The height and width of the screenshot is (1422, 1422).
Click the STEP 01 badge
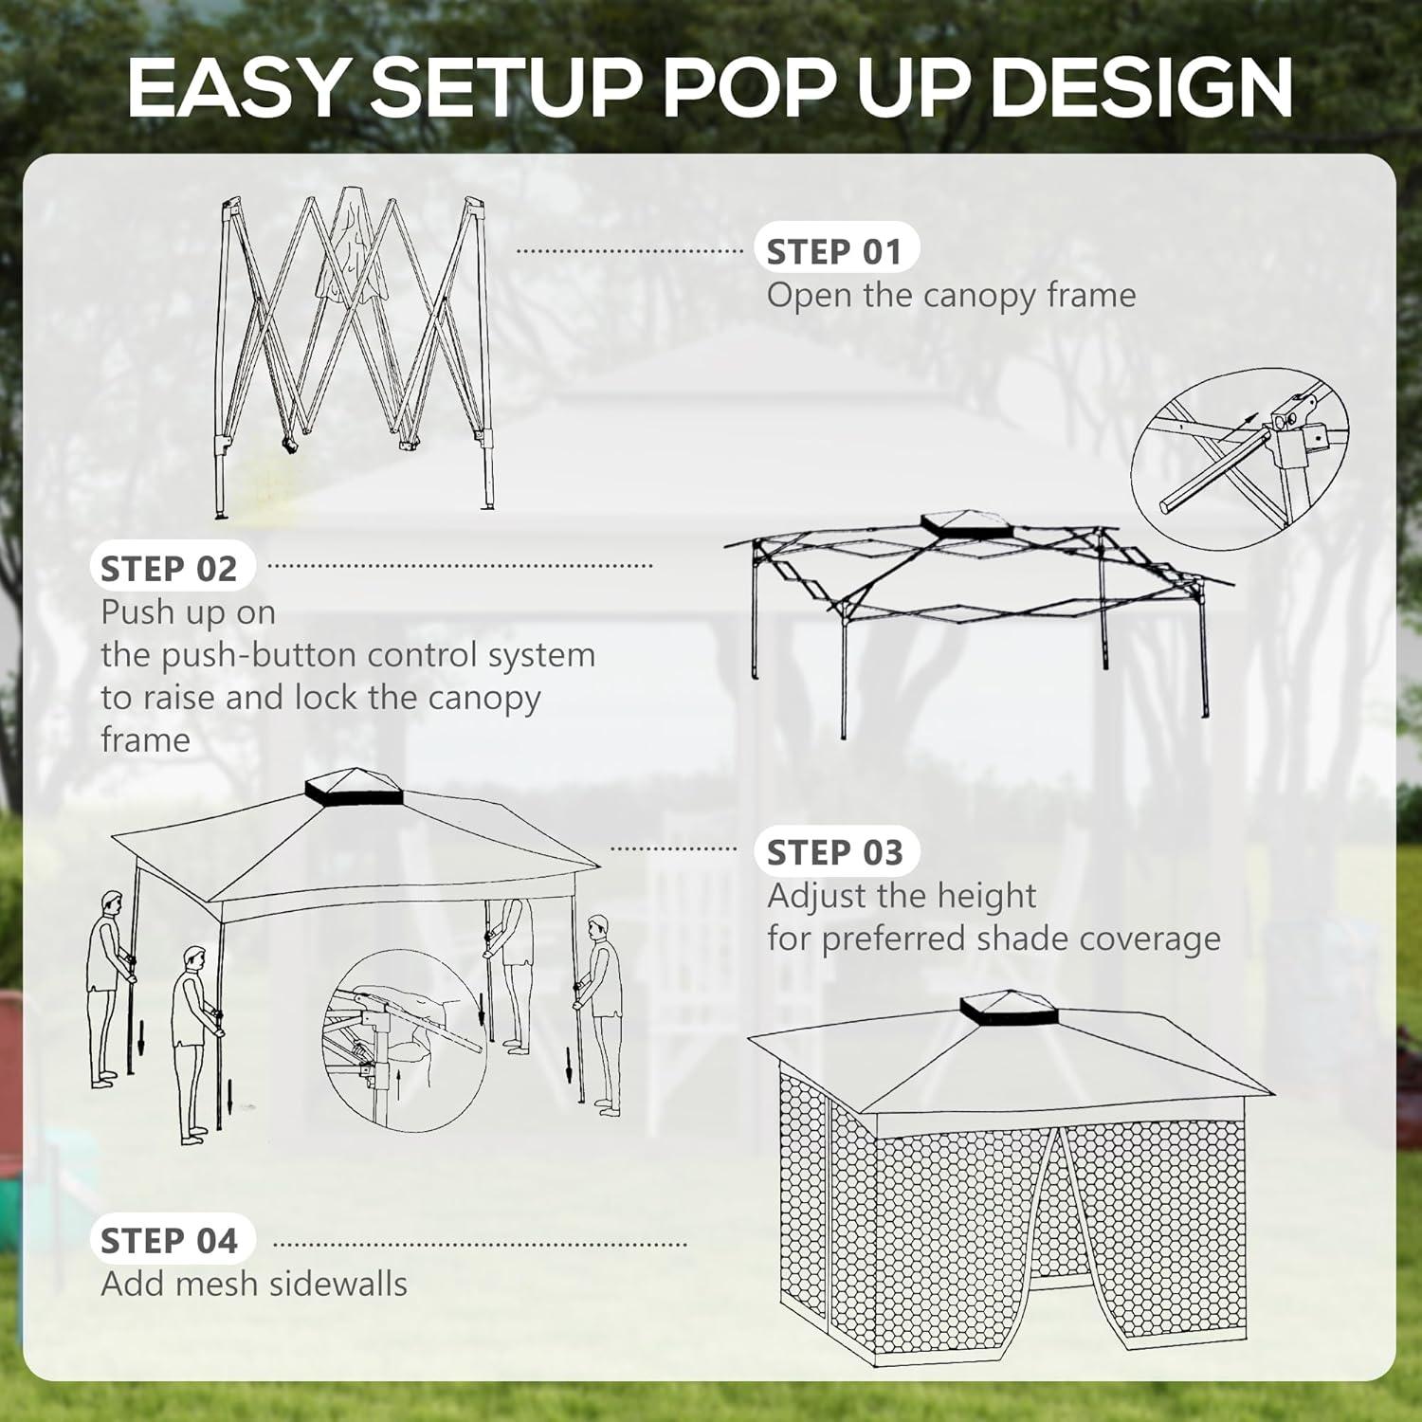pyautogui.click(x=833, y=252)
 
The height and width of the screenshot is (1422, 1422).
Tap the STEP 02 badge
pyautogui.click(x=169, y=569)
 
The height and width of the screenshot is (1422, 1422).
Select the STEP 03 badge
pyautogui.click(x=834, y=853)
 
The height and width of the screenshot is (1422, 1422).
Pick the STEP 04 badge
pyautogui.click(x=169, y=1241)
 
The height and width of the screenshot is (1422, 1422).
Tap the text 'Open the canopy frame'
pyautogui.click(x=951, y=296)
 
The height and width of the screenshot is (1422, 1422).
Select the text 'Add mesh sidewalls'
pyautogui.click(x=254, y=1285)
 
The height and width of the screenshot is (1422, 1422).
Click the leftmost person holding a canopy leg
pyautogui.click(x=106, y=986)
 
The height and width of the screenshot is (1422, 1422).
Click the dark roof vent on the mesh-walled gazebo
pyautogui.click(x=1007, y=1011)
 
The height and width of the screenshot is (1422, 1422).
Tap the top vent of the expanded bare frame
pyautogui.click(x=965, y=525)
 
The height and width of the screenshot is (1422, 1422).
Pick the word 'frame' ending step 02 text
pyautogui.click(x=145, y=740)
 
